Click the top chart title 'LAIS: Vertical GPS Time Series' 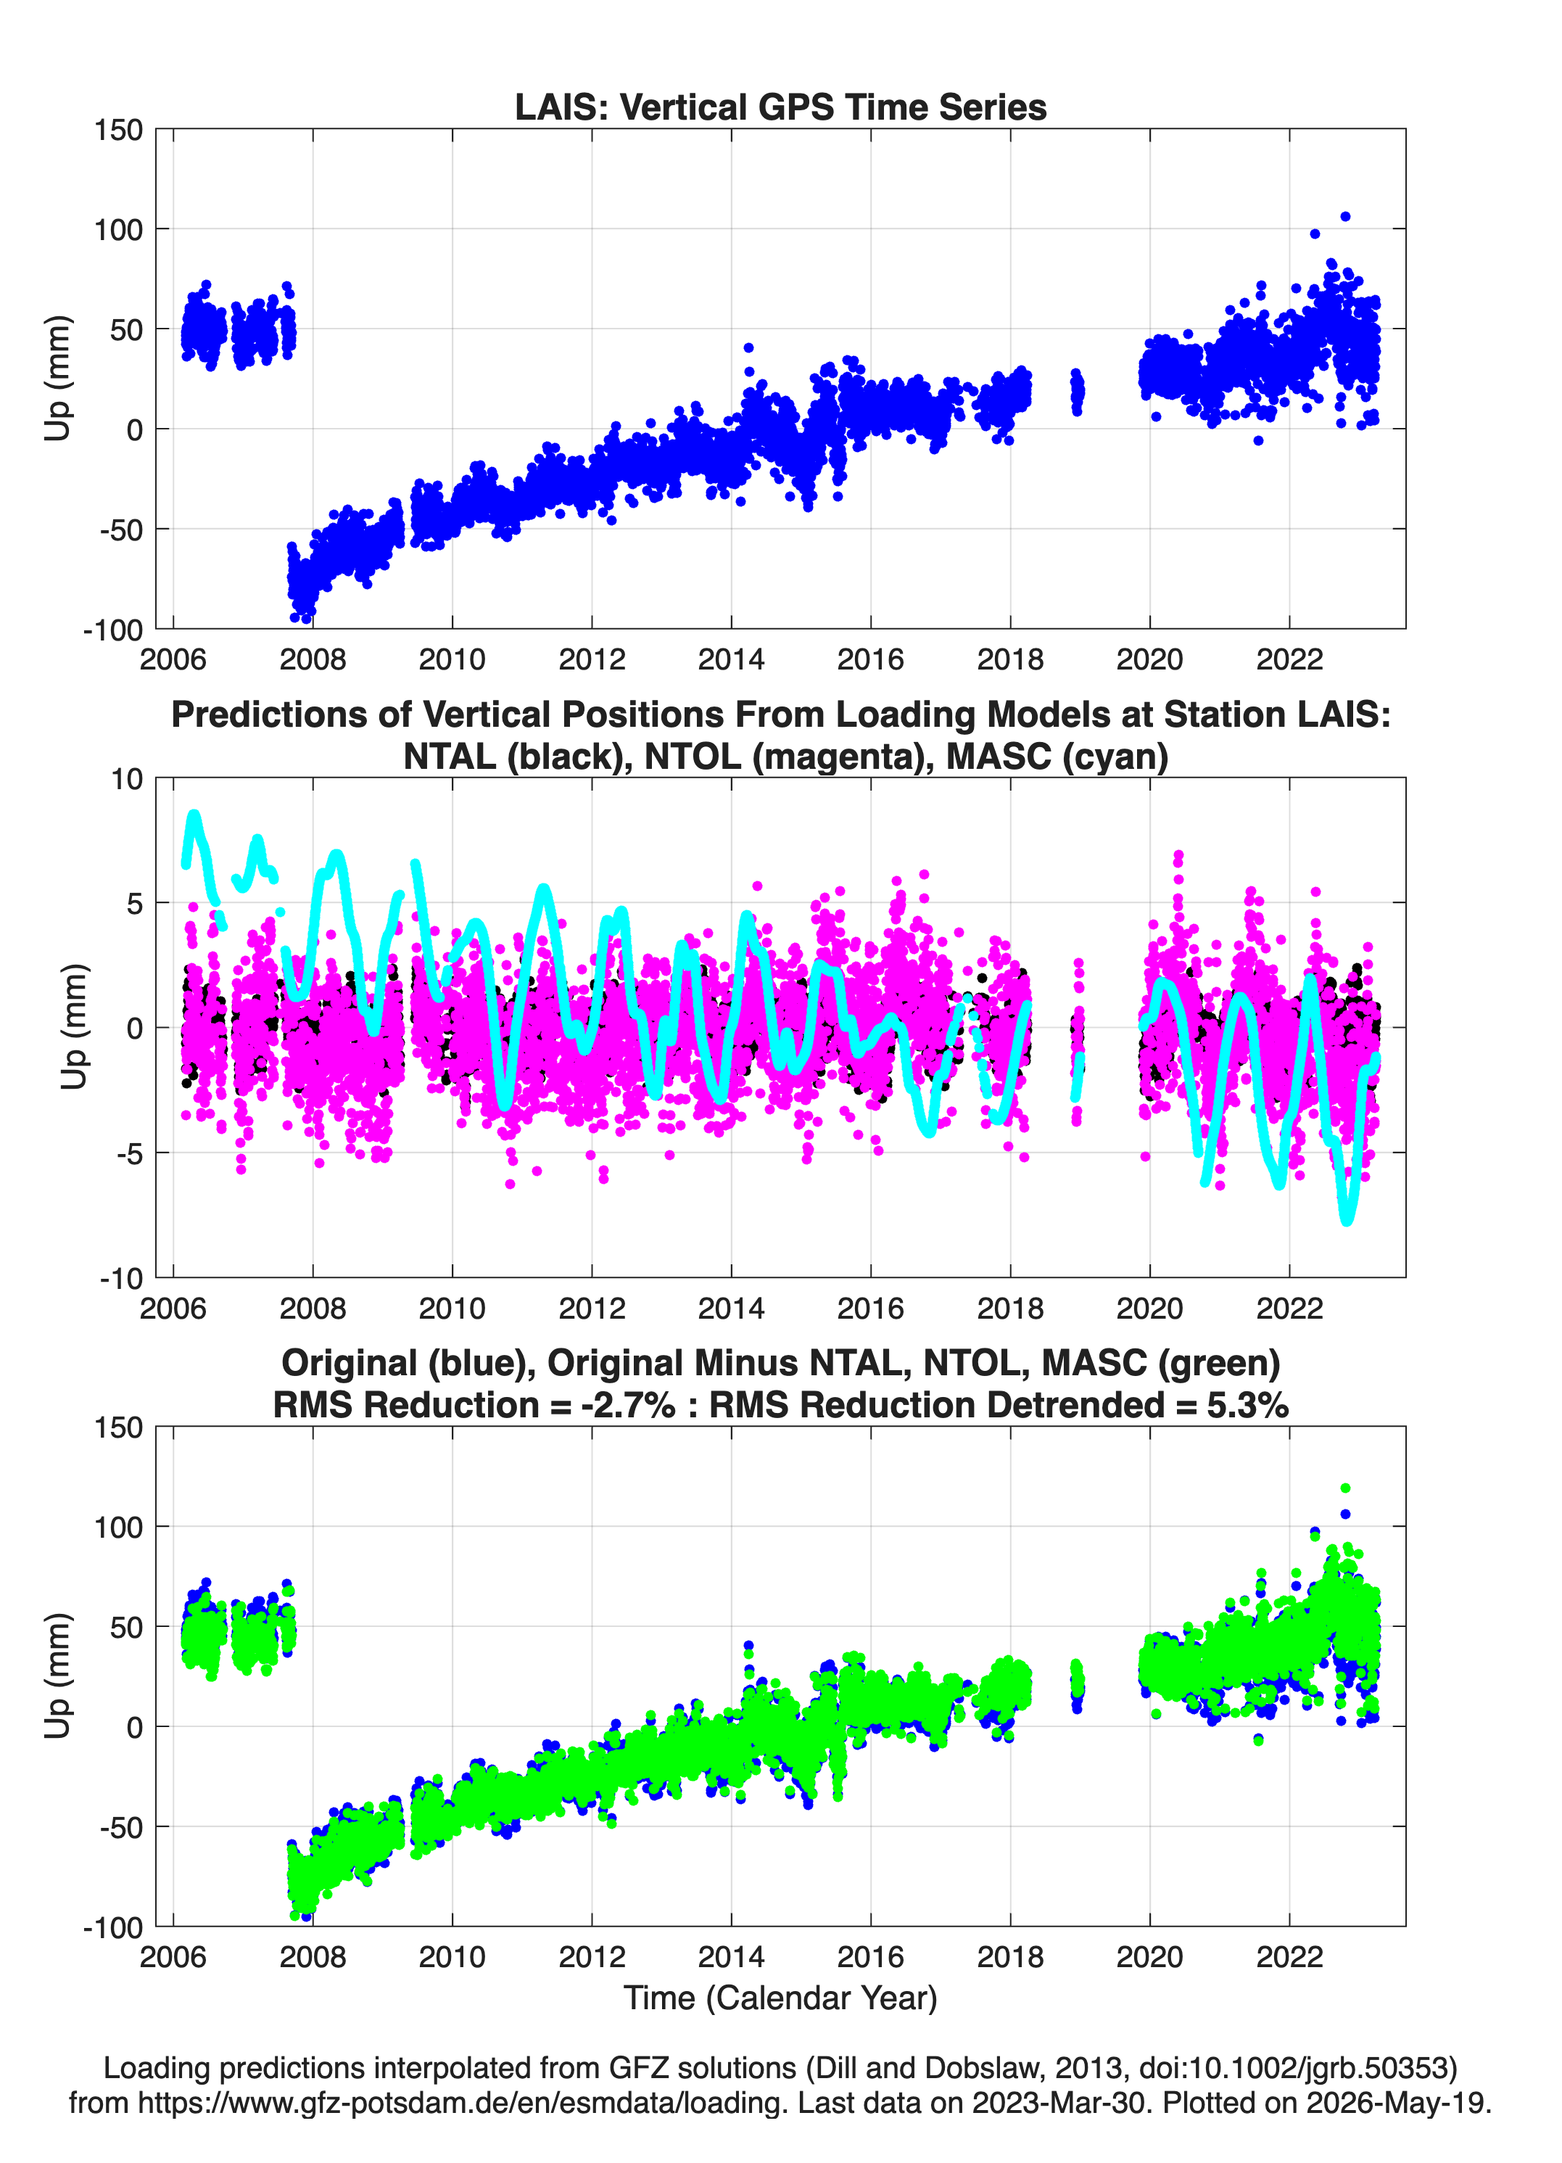[780, 107]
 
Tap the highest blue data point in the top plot [1345, 216]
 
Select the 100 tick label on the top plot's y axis [118, 229]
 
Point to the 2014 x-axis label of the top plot [732, 659]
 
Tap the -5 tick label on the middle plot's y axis [127, 1154]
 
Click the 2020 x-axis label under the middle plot [1150, 1309]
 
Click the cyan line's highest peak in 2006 [194, 815]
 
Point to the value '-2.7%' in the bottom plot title [632, 1405]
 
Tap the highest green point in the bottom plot [1345, 1488]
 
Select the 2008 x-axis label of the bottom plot [313, 1957]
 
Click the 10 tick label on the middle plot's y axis [127, 779]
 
